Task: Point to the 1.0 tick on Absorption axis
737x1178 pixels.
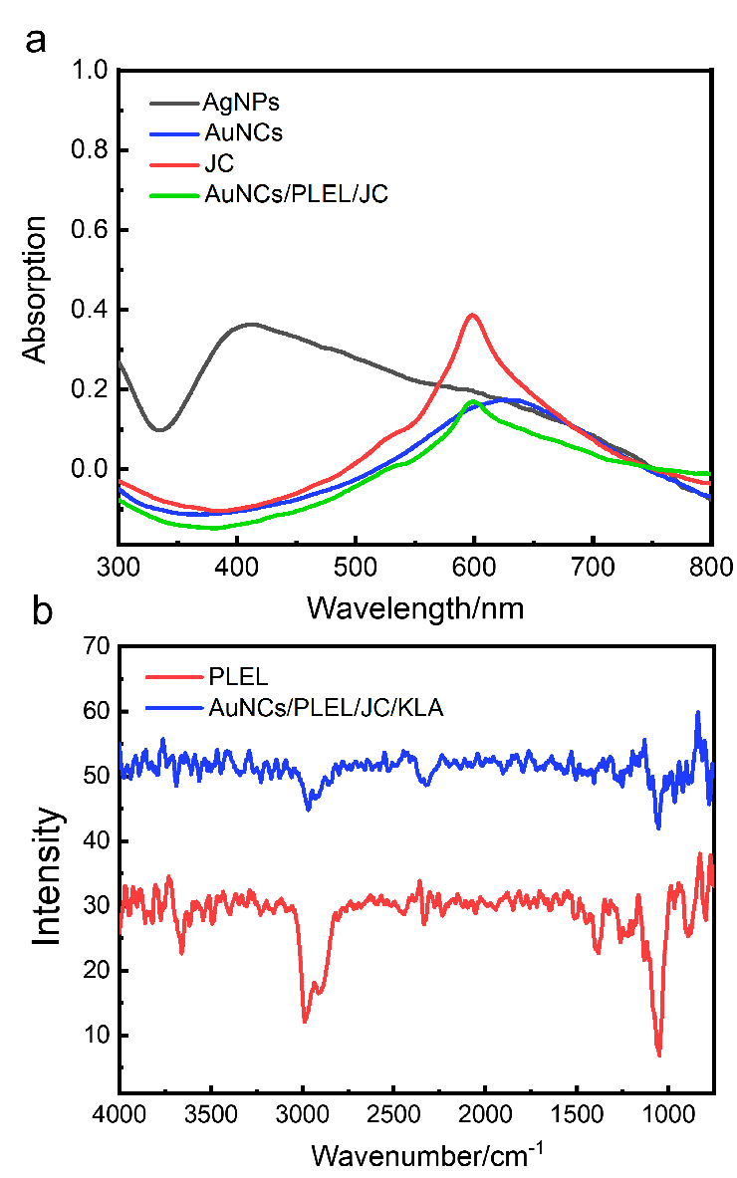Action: pyautogui.click(x=94, y=71)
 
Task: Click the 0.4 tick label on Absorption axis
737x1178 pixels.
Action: pyautogui.click(x=94, y=310)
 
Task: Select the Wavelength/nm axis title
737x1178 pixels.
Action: pyautogui.click(x=413, y=604)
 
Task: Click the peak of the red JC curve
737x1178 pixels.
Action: pyautogui.click(x=473, y=316)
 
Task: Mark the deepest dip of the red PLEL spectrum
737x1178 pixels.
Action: pyautogui.click(x=659, y=1055)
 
